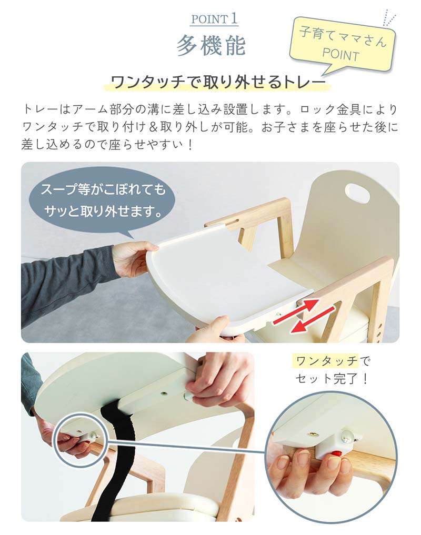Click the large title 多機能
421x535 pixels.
[x=210, y=45]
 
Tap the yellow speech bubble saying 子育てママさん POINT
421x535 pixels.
[x=343, y=48]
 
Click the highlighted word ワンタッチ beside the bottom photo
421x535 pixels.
[x=325, y=361]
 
